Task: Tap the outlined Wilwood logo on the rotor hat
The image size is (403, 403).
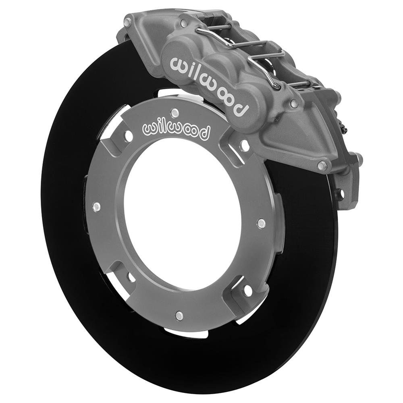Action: click(x=177, y=130)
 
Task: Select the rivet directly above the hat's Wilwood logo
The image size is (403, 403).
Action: click(x=174, y=112)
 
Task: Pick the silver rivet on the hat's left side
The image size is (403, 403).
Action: click(x=96, y=207)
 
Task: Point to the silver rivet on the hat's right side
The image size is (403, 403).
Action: click(x=261, y=222)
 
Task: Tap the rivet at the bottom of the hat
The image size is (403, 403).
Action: click(x=179, y=315)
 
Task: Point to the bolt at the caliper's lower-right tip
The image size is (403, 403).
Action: click(x=322, y=165)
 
